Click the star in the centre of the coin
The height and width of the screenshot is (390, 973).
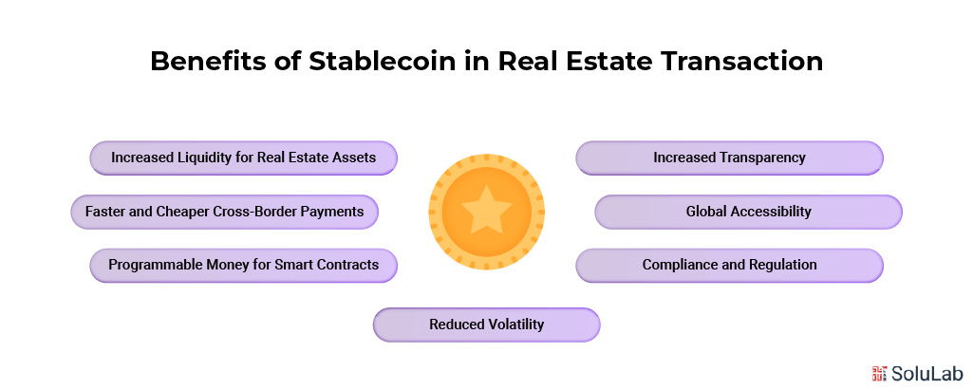(x=486, y=209)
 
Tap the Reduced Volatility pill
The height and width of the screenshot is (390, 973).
(x=486, y=325)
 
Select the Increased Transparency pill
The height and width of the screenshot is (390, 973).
(x=729, y=158)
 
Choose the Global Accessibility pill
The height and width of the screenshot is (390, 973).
(x=748, y=212)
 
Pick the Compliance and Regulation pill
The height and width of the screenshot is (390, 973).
(x=729, y=265)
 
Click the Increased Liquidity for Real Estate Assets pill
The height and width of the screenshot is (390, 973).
(x=243, y=158)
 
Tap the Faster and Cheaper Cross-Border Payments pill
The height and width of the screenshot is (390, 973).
(x=224, y=212)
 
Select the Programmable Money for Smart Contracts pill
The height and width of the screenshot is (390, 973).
(x=243, y=265)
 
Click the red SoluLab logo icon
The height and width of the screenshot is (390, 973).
(x=879, y=372)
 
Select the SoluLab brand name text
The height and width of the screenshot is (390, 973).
(x=925, y=372)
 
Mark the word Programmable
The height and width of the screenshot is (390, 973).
(x=154, y=265)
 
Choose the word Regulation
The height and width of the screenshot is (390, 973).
(x=779, y=265)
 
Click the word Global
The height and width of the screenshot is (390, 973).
(x=707, y=212)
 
